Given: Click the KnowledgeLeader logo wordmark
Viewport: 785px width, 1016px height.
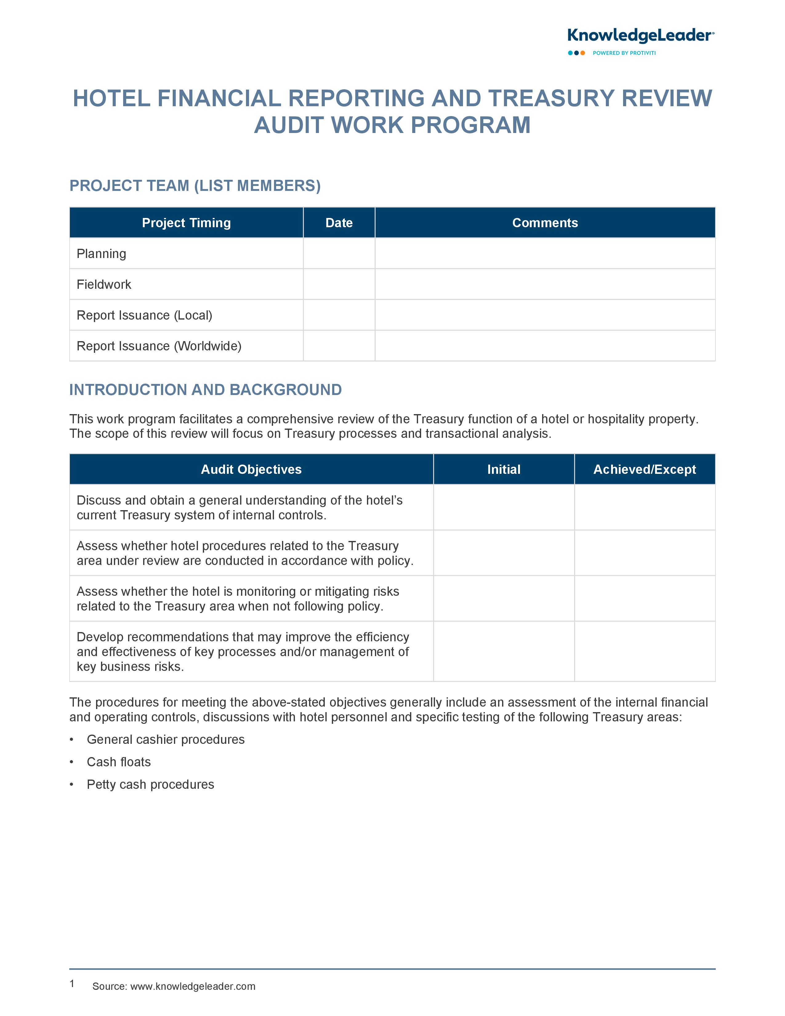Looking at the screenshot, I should (x=640, y=36).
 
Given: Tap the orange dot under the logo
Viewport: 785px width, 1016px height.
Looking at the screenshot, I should (x=583, y=53).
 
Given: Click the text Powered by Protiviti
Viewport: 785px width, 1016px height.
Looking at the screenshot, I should (x=624, y=53).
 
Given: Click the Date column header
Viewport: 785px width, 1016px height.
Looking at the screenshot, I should (x=339, y=223).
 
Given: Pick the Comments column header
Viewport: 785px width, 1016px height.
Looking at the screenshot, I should (x=545, y=223).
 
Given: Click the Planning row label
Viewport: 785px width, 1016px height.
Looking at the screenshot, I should (x=101, y=253).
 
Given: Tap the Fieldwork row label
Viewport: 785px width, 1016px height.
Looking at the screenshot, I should (x=104, y=284).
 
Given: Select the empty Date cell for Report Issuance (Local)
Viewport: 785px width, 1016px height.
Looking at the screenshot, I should (x=339, y=315).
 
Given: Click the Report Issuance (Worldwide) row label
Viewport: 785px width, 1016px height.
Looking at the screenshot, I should (x=159, y=346).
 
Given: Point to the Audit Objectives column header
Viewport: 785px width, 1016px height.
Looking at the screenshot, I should (x=251, y=470).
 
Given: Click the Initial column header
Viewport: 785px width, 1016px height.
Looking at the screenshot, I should (x=504, y=470).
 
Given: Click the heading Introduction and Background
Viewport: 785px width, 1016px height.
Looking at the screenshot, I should (x=206, y=390).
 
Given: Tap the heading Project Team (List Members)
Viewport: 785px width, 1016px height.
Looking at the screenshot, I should (x=195, y=186).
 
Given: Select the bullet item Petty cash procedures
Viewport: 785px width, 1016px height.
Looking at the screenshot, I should (x=150, y=784).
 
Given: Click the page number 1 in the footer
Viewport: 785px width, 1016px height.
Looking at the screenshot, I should (x=72, y=983).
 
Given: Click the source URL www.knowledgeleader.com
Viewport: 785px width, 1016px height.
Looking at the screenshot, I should (x=192, y=986).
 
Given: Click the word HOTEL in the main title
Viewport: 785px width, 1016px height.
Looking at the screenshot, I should (x=112, y=99).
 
